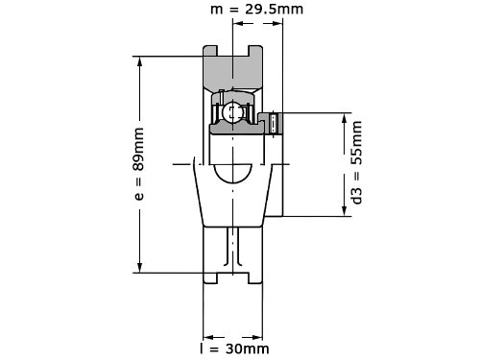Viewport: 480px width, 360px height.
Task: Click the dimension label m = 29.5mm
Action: [x=256, y=10]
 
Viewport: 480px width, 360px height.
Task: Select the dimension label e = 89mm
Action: [x=138, y=164]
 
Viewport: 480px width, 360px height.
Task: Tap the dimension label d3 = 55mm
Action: [x=356, y=162]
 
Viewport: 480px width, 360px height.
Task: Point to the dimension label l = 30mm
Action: [x=234, y=348]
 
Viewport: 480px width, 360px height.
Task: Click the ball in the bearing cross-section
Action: [x=232, y=112]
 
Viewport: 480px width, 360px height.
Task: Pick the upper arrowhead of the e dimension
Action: [x=139, y=61]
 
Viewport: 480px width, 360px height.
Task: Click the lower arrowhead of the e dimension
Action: [x=139, y=268]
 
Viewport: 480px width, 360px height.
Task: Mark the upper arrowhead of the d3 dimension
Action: [x=345, y=118]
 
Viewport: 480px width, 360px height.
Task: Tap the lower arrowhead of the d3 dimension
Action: [x=345, y=211]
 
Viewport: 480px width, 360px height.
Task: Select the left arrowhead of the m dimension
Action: [x=238, y=23]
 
